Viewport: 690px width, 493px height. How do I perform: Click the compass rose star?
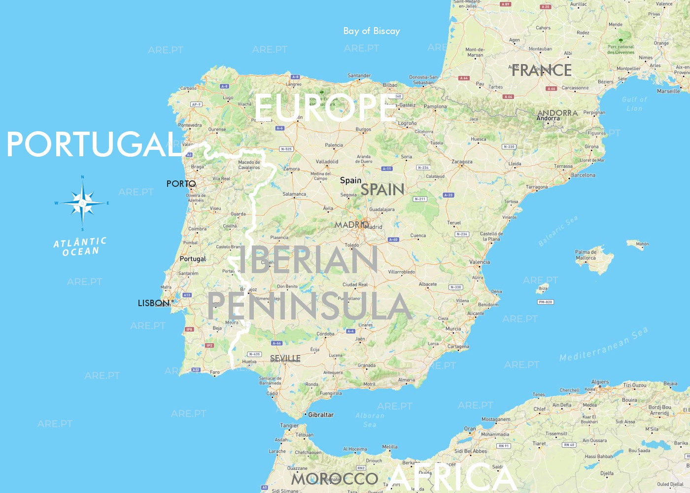(x=82, y=203)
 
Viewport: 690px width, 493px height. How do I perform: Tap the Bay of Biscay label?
(x=372, y=31)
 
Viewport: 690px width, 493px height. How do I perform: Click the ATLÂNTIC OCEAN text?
(x=80, y=246)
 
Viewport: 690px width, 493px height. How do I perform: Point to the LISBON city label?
(x=153, y=303)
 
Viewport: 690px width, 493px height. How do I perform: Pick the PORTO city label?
(x=181, y=184)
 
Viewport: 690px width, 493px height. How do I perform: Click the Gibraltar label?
(x=321, y=415)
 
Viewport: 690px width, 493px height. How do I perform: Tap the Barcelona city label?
(x=583, y=175)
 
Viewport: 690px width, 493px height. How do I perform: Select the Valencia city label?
(x=480, y=262)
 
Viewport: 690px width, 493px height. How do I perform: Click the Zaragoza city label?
(x=462, y=162)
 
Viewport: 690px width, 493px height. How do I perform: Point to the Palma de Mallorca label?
(x=586, y=255)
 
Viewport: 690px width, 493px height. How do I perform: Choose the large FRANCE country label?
(x=542, y=70)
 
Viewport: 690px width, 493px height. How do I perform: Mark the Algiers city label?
(x=600, y=382)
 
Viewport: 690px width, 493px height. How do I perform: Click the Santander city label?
(x=359, y=75)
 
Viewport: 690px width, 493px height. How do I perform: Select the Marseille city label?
(x=668, y=91)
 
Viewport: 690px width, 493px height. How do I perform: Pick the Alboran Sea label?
(x=370, y=420)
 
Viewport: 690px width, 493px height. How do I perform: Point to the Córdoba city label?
(x=325, y=334)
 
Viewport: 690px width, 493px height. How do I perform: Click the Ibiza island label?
(x=543, y=288)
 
